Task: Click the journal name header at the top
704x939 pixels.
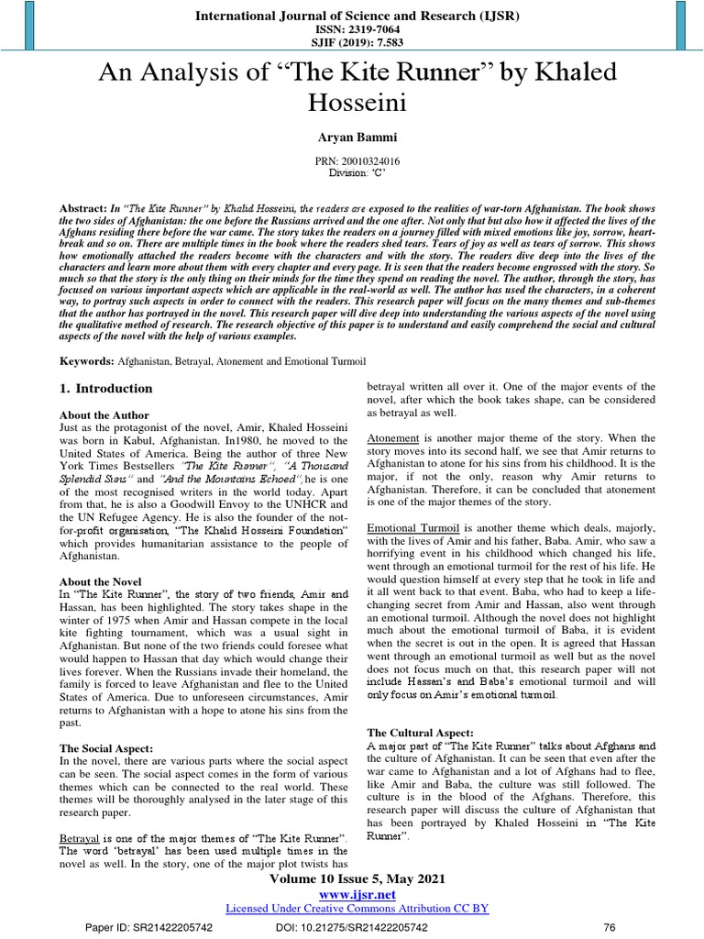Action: coord(357,16)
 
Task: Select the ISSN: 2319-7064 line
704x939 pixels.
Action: coord(357,29)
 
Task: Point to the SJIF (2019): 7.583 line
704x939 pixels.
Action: coord(357,42)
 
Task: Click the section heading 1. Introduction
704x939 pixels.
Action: coord(105,389)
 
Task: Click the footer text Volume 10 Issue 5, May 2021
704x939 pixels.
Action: coord(357,878)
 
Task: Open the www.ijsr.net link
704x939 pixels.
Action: coord(357,894)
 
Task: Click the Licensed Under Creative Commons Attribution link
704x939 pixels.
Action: coord(357,908)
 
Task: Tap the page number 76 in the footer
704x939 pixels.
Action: coord(607,928)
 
